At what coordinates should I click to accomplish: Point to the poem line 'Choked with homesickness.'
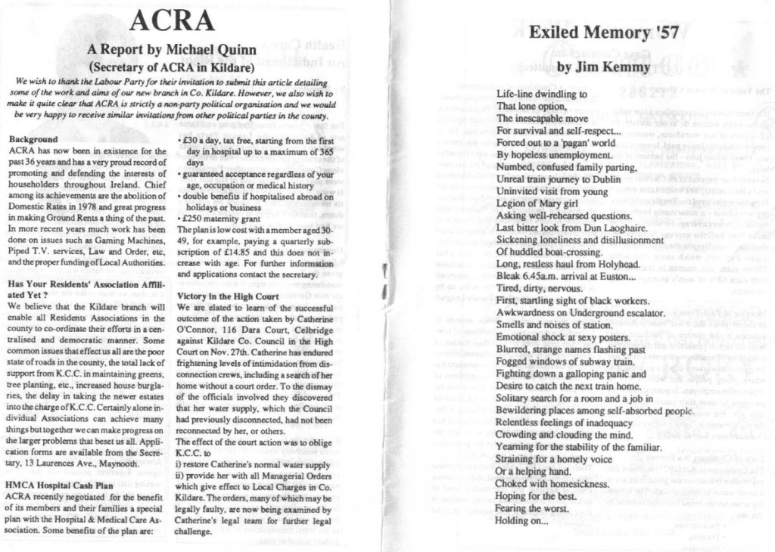pyautogui.click(x=552, y=483)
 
